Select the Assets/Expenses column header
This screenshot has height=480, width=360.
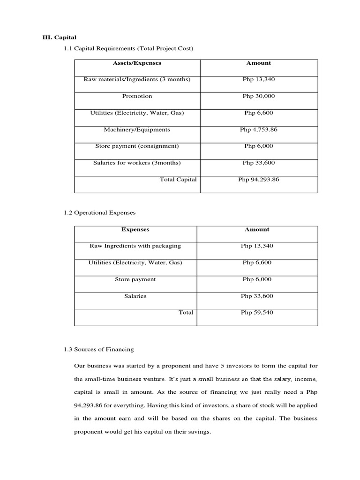tap(137, 63)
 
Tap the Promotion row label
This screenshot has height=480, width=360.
tap(137, 96)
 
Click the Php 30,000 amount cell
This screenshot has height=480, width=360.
tap(259, 96)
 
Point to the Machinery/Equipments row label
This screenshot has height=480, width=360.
tap(137, 129)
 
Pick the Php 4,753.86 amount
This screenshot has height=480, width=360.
tap(259, 129)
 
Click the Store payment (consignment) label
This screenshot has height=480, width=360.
tap(137, 146)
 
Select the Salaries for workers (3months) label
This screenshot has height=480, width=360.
tap(137, 163)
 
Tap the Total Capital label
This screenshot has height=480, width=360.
tap(178, 180)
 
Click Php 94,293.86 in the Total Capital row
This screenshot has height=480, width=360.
tap(259, 180)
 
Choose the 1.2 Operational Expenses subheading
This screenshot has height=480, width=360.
tap(99, 213)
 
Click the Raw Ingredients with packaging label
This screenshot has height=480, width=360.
tap(135, 246)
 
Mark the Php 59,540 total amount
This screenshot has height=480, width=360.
tap(257, 313)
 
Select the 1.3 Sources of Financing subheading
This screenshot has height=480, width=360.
tap(99, 349)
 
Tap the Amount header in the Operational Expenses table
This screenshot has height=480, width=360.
tap(257, 230)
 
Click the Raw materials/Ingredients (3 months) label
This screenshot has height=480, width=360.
tap(137, 80)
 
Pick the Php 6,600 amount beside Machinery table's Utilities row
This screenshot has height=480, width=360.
tap(259, 113)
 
